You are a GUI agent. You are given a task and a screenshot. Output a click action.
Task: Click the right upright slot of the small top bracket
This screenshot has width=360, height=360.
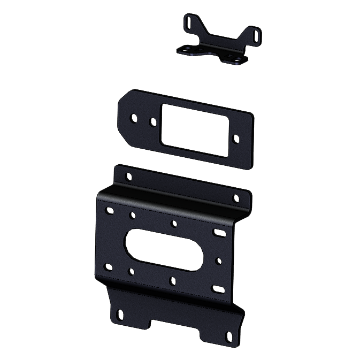(258, 35)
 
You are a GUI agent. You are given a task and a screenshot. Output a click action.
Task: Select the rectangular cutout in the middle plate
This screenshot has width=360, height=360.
(195, 129)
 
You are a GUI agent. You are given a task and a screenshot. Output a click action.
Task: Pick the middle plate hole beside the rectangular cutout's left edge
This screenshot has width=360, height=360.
(153, 122)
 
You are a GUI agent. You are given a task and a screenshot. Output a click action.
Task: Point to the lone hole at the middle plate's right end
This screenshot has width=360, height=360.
(236, 139)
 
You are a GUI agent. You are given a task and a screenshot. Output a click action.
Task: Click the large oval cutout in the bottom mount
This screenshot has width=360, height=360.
(165, 249)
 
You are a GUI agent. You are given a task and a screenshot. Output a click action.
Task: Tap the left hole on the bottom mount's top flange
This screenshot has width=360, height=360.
(128, 176)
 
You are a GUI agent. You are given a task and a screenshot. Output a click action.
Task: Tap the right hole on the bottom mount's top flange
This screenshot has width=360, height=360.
(236, 198)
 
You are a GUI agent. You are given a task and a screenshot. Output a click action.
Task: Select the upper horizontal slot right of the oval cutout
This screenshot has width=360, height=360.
(219, 233)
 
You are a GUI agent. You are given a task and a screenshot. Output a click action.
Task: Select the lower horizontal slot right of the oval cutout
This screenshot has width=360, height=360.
(218, 289)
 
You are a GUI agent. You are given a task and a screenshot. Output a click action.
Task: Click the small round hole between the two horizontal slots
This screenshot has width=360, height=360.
(219, 261)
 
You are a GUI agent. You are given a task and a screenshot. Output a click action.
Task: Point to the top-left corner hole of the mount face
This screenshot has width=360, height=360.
(110, 211)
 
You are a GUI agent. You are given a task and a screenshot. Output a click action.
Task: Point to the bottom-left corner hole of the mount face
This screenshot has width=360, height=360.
(109, 266)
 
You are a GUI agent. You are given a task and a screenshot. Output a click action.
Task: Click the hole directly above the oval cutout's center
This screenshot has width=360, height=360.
(173, 224)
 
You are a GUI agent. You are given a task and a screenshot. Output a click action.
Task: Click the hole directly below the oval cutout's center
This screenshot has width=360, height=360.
(172, 280)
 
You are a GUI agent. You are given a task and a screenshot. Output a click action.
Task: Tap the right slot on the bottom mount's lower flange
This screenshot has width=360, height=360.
(229, 336)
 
